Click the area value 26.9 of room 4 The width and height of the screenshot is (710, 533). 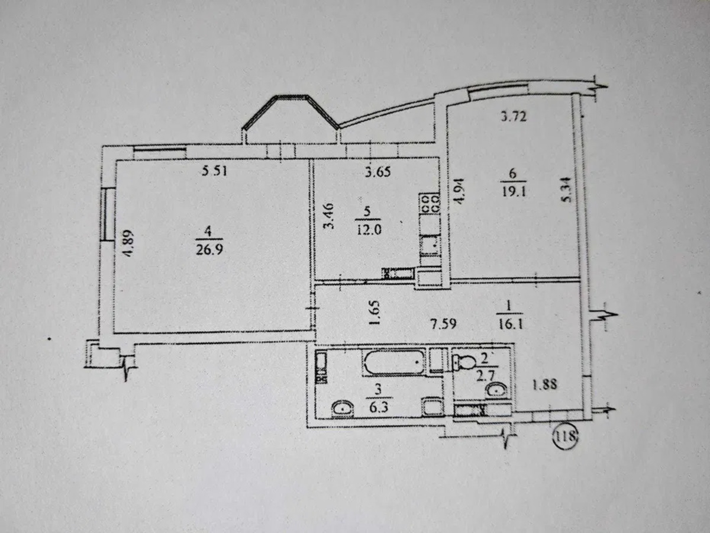tap(209, 249)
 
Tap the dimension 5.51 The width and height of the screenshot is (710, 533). tap(214, 171)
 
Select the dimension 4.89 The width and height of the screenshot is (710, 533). tap(129, 243)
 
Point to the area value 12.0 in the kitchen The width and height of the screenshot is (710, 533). tap(369, 230)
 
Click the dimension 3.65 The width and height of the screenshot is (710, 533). tap(378, 172)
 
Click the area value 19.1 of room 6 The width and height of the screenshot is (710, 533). tap(514, 191)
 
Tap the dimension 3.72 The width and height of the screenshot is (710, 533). tap(514, 116)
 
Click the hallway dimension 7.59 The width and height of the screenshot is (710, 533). tap(444, 323)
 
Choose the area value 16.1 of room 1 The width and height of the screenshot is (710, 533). tap(510, 324)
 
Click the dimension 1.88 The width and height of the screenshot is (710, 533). tap(545, 385)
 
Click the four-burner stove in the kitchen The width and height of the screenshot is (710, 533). tap(430, 204)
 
